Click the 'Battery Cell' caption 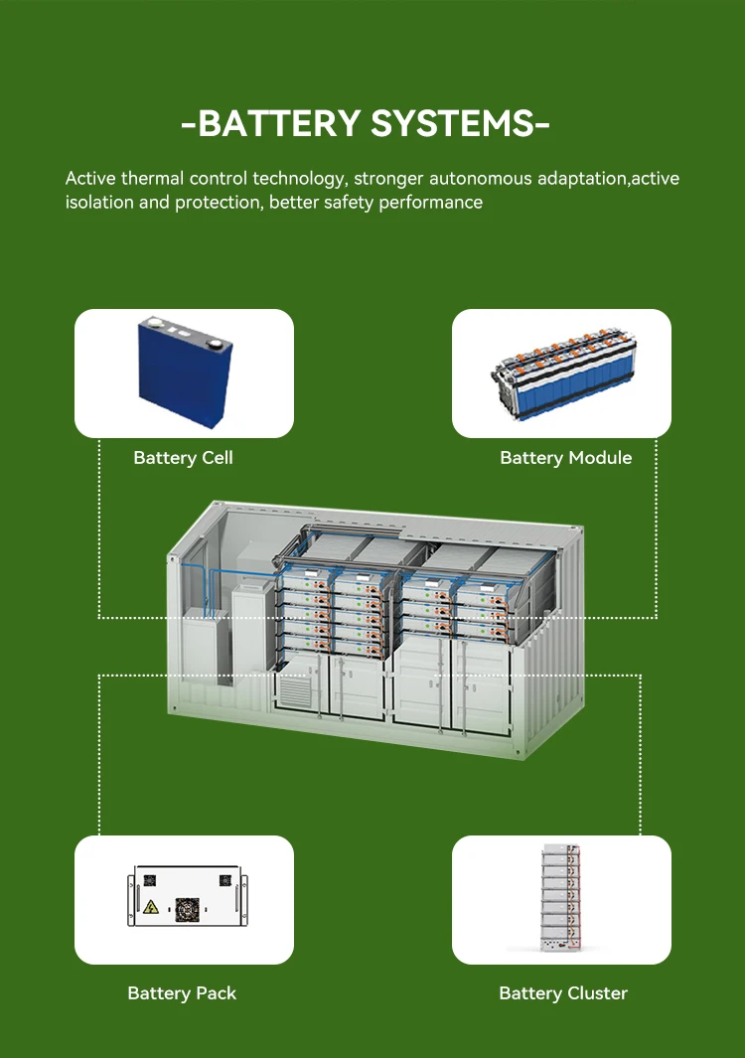pos(183,458)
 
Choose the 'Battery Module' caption pos(565,458)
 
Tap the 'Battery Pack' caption pos(182,992)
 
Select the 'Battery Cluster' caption pos(563,992)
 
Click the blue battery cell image pos(185,373)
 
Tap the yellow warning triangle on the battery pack pos(152,907)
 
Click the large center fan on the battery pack pos(185,910)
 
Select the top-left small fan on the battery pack pos(149,880)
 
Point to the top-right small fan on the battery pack pos(224,880)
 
